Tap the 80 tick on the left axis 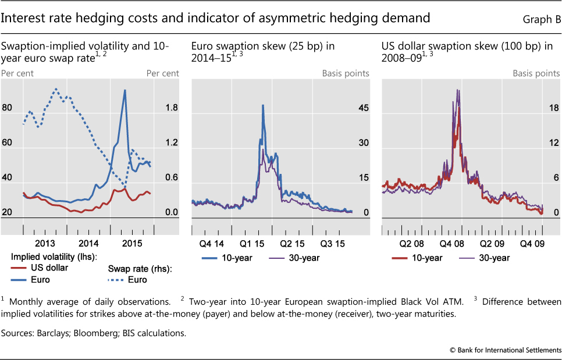click(x=8, y=108)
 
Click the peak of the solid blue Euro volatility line click(x=125, y=90)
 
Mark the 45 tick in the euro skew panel click(x=364, y=108)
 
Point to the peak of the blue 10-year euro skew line click(x=263, y=105)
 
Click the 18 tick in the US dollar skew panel click(x=554, y=108)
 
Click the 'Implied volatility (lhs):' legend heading click(x=54, y=256)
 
